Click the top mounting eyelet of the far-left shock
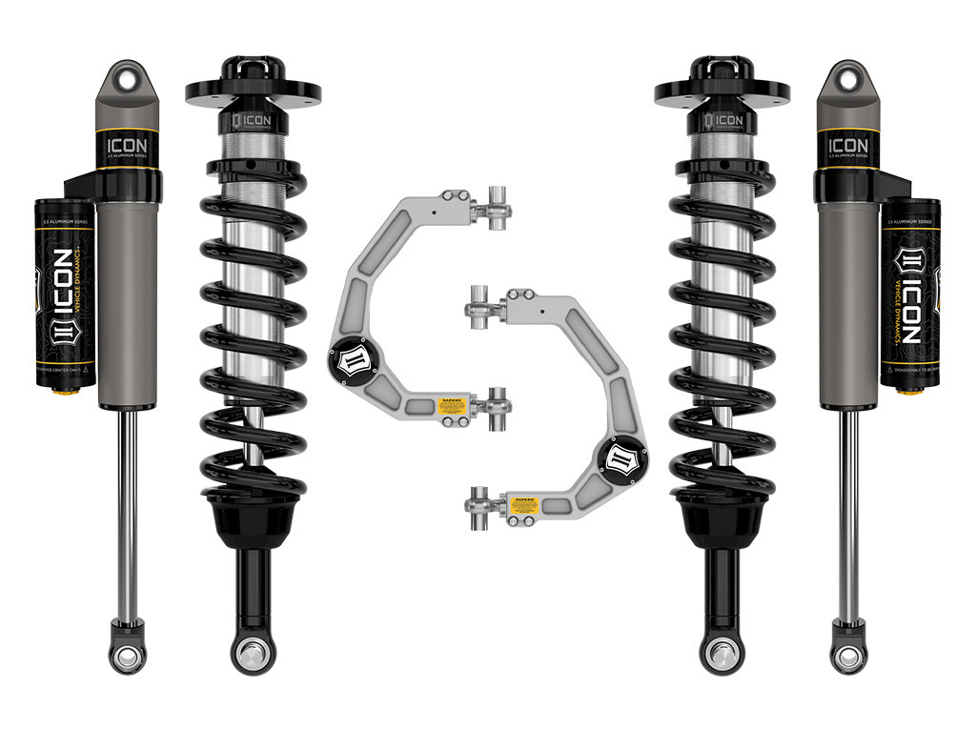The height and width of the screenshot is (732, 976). click(x=127, y=75)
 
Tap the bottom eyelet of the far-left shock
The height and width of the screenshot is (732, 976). click(x=127, y=656)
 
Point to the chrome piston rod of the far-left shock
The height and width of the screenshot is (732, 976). click(x=126, y=515)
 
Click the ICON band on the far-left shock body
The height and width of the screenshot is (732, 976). click(x=127, y=149)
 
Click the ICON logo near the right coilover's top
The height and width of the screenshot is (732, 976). click(x=724, y=122)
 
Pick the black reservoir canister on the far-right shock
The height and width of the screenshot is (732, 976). click(x=910, y=291)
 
